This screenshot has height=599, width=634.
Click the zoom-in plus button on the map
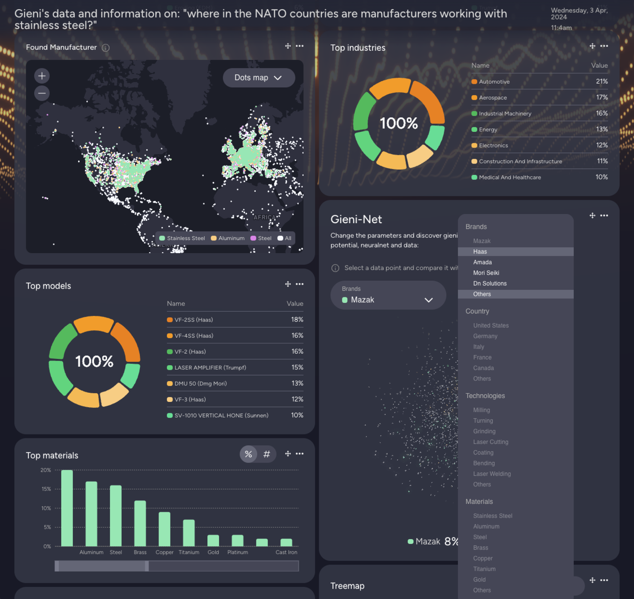[42, 76]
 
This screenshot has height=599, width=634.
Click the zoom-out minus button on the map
[42, 93]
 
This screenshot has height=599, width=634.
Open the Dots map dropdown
[259, 78]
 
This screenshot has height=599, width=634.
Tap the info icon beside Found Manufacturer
[106, 48]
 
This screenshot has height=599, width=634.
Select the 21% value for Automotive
[601, 81]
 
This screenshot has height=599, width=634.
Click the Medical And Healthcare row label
[509, 177]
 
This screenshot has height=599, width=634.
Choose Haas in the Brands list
[480, 252]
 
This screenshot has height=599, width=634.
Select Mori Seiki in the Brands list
[486, 273]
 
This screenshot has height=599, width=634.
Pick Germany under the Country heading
[485, 336]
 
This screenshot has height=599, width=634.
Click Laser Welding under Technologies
[492, 474]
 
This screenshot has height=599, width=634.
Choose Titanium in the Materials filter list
[484, 569]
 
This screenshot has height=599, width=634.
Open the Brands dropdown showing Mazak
[388, 295]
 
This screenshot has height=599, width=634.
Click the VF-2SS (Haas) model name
[193, 320]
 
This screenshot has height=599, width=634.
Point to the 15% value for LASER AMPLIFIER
[297, 367]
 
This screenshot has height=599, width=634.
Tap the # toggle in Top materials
[267, 454]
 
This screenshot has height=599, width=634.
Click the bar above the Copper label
[164, 529]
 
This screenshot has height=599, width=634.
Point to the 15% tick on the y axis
[46, 489]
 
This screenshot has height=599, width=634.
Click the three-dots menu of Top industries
[604, 46]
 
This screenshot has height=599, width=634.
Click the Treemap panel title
[347, 586]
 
